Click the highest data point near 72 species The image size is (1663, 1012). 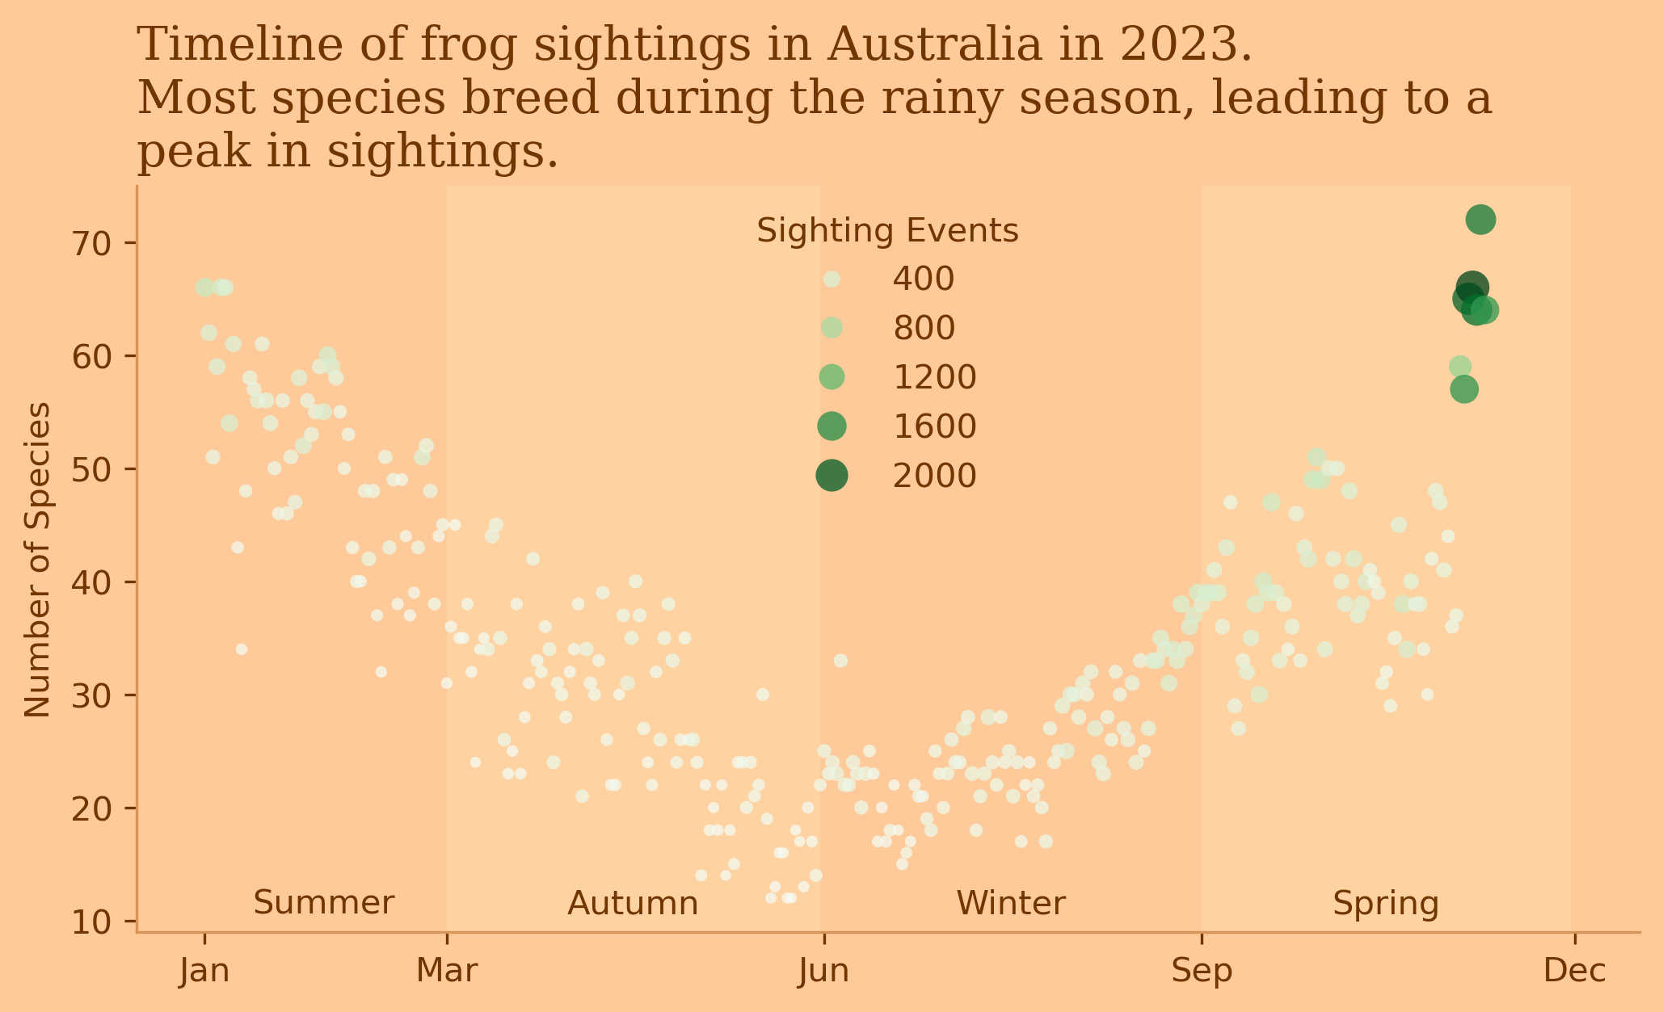tap(1480, 220)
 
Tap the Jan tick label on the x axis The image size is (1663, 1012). tap(204, 971)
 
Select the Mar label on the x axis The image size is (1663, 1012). tap(447, 971)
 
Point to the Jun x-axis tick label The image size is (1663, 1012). tap(823, 971)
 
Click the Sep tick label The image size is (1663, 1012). tap(1202, 971)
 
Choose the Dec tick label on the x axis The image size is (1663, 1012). tap(1575, 971)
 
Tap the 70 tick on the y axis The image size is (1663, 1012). tap(95, 244)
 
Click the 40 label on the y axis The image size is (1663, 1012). tap(95, 582)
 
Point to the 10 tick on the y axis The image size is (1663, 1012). tap(95, 922)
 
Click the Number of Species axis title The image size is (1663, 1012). tap(38, 559)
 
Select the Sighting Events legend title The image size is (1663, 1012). tap(886, 232)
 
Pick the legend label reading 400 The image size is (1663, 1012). tap(923, 279)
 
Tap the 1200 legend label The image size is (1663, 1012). tap(934, 377)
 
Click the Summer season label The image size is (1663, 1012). tap(324, 903)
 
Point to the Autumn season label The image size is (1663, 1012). tap(633, 903)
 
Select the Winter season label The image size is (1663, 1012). tap(1011, 903)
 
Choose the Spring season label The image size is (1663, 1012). tap(1386, 903)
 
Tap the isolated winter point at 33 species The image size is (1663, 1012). tap(840, 661)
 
